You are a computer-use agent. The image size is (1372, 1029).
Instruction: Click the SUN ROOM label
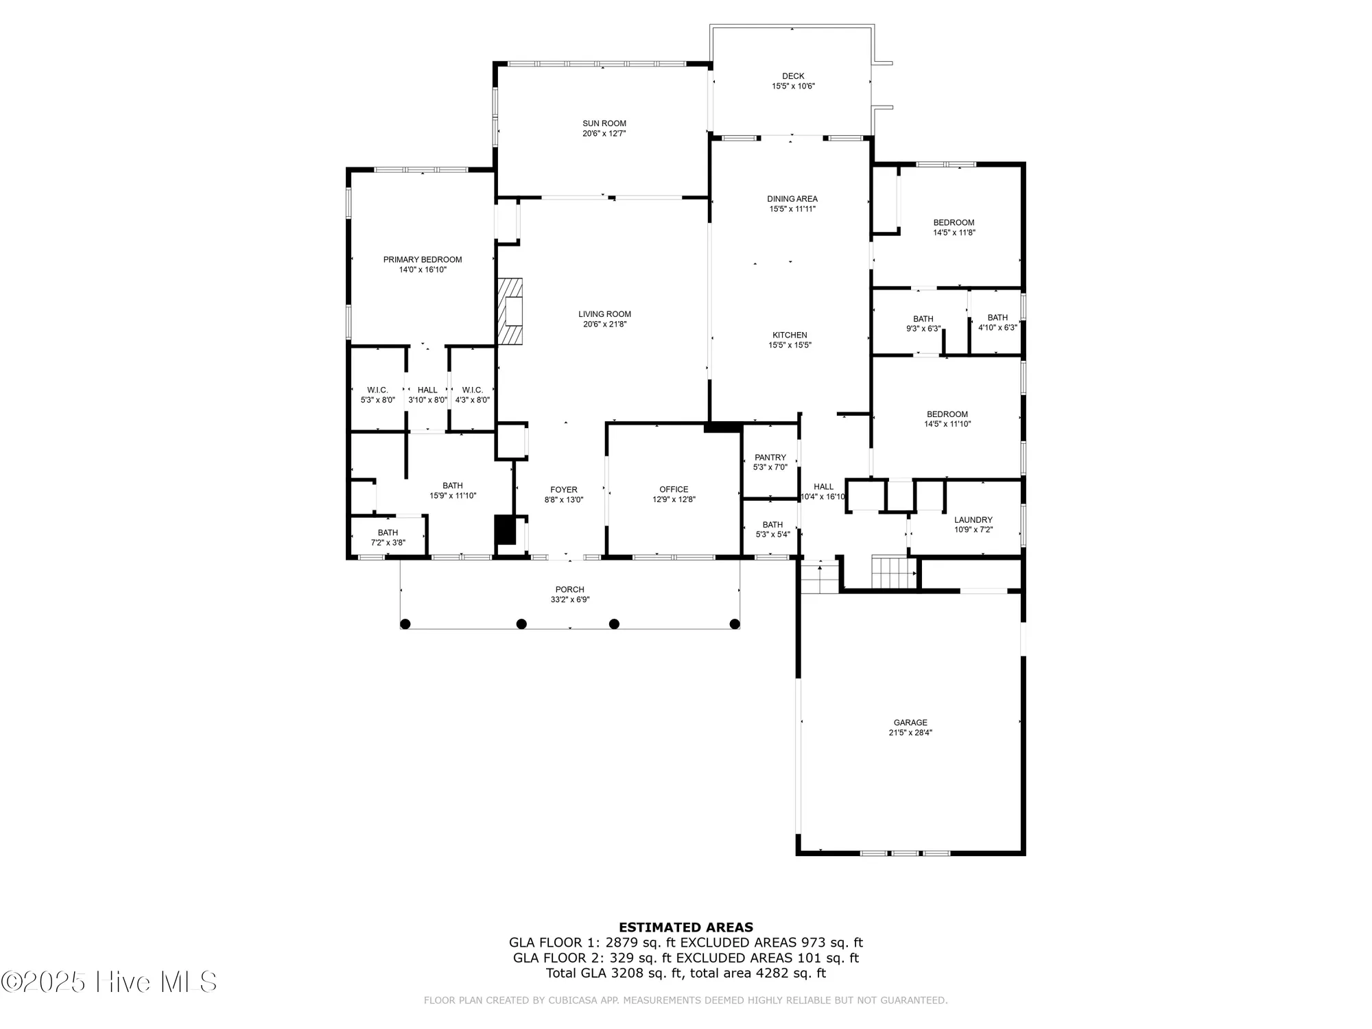(604, 123)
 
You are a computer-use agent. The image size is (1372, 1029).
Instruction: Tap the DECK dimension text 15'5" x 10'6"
(793, 86)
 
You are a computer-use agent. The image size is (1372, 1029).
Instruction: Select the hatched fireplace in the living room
(510, 311)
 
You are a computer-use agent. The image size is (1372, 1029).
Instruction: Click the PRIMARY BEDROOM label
(423, 259)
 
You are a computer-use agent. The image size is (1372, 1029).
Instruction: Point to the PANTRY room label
(770, 458)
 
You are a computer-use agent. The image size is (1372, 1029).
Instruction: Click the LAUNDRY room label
(973, 520)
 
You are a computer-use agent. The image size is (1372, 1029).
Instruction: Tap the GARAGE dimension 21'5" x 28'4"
(910, 733)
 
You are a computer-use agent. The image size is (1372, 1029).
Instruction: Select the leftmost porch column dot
(405, 624)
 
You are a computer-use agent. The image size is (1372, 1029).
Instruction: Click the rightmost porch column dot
(735, 624)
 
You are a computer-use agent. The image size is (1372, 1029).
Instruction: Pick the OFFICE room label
(674, 490)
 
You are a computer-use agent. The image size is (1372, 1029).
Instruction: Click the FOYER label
(564, 490)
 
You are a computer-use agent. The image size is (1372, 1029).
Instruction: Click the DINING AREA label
(792, 199)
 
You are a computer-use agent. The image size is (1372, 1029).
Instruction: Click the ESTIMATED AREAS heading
(686, 927)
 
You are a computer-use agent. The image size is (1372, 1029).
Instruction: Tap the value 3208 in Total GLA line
(626, 973)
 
